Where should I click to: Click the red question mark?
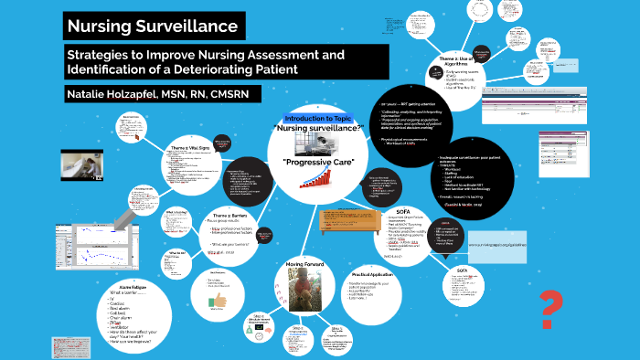549,305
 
